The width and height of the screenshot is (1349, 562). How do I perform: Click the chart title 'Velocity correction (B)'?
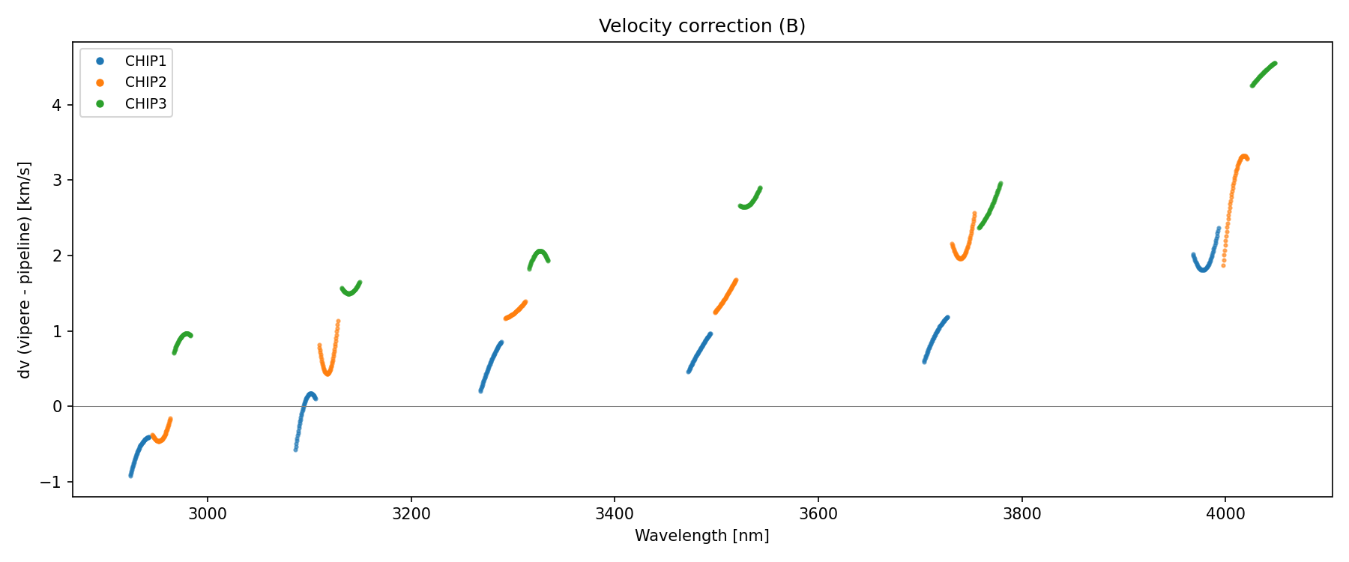701,26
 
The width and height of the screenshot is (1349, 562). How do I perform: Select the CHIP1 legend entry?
145,61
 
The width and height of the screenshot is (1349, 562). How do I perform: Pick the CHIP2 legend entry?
145,82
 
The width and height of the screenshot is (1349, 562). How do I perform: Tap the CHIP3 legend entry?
145,104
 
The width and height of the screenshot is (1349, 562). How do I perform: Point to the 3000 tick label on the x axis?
208,514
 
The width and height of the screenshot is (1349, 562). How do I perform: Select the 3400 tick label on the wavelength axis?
615,514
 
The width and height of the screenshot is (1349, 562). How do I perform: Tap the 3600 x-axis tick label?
818,514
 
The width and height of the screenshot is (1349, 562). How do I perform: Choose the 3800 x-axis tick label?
1021,514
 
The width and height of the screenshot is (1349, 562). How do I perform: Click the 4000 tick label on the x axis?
1225,514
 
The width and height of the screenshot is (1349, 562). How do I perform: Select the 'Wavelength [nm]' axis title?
701,536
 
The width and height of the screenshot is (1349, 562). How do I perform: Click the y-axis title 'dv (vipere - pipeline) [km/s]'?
25,270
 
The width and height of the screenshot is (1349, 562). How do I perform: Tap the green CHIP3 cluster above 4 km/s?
1264,73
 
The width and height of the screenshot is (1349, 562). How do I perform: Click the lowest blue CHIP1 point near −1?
130,475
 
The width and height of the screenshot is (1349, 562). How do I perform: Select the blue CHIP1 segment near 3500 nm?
699,352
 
